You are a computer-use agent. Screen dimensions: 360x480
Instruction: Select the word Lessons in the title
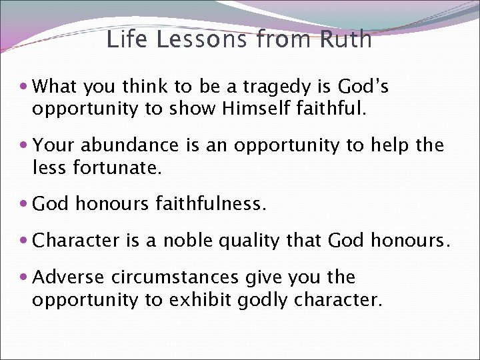tap(202, 39)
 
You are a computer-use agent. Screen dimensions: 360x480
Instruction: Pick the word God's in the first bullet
tap(363, 87)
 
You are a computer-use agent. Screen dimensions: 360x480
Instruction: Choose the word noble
tap(169, 240)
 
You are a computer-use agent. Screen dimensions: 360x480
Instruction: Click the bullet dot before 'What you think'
tap(24, 87)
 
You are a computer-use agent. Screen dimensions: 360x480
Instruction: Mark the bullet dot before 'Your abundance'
tap(24, 145)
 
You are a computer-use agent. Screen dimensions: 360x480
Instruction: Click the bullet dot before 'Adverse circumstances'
tap(24, 277)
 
